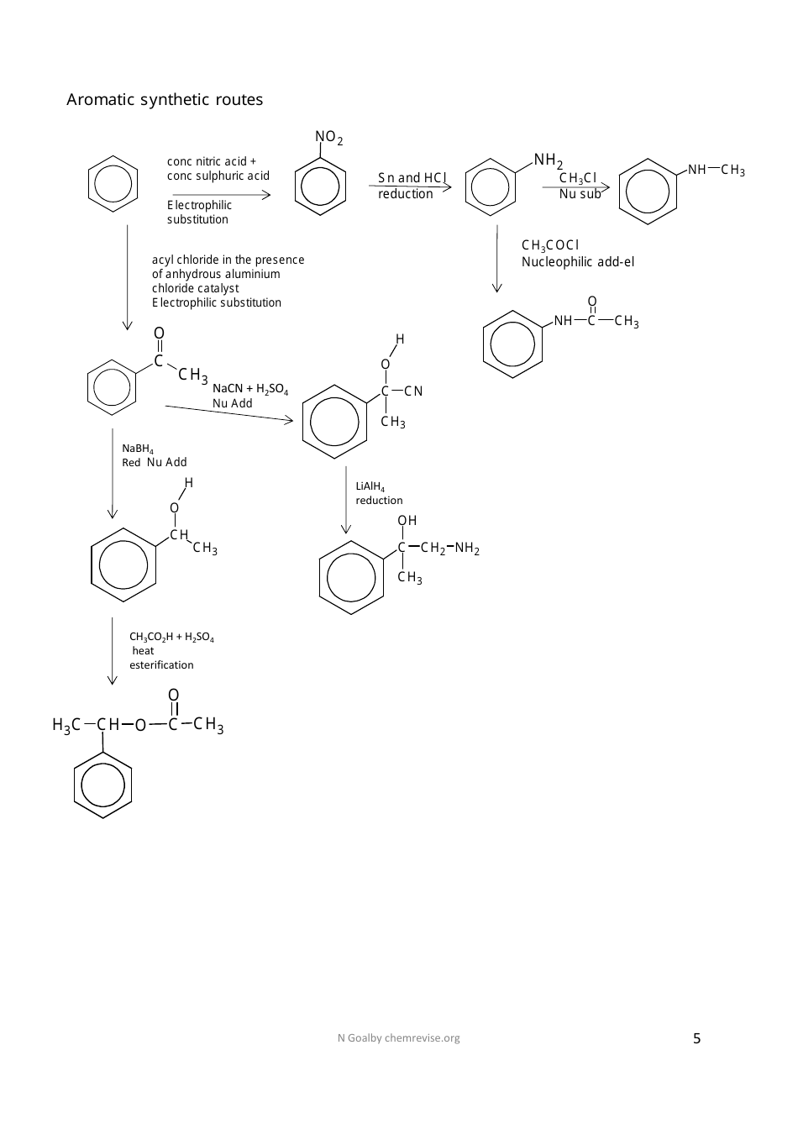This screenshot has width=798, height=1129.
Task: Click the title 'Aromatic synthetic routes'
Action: click(165, 100)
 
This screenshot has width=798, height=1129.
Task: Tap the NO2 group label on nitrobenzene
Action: click(328, 137)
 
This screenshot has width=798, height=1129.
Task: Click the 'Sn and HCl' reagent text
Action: click(412, 178)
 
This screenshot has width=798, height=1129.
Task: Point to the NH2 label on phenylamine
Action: click(548, 160)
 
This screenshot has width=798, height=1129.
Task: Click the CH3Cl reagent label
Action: click(578, 178)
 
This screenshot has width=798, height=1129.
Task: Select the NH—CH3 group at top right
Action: click(717, 171)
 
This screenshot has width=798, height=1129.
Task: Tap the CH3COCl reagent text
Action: click(550, 245)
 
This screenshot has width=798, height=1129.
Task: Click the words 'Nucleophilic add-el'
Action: click(578, 262)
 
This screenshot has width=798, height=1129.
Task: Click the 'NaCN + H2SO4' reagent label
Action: click(250, 389)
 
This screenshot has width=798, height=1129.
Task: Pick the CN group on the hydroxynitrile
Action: click(413, 391)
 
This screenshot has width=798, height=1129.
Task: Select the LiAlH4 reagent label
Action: click(370, 486)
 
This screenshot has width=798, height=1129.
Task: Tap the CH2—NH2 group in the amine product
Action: click(450, 549)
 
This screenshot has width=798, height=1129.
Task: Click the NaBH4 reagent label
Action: click(138, 449)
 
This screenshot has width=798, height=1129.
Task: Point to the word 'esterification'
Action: click(161, 665)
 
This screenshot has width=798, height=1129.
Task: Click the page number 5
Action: click(696, 1038)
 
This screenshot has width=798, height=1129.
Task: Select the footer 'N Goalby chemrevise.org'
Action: click(398, 1038)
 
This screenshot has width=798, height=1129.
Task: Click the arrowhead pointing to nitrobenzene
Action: click(266, 195)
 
